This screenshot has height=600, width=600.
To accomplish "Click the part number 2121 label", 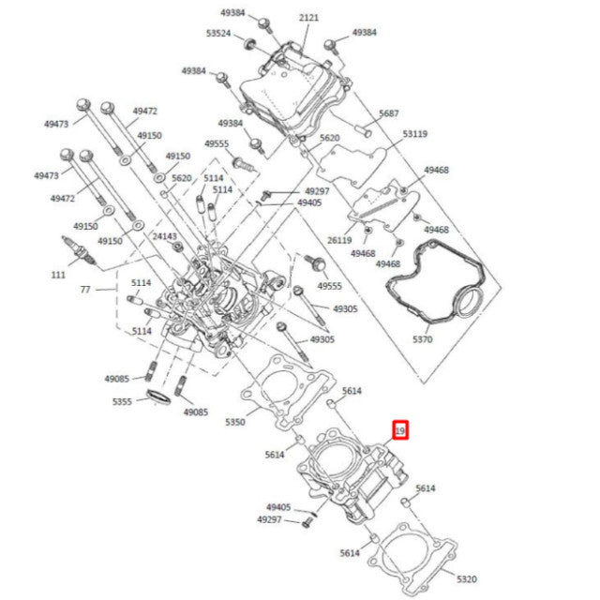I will tap(308, 19).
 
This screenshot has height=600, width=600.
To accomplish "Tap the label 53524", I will tap(218, 33).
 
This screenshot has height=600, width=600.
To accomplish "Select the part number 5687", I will tap(389, 113).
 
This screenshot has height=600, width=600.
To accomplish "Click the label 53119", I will tap(415, 134).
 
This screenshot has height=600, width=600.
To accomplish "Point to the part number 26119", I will tap(340, 239).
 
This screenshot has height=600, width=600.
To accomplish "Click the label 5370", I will tap(423, 339).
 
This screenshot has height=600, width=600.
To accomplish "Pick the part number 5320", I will tap(467, 578).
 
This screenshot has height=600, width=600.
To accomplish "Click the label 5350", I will tap(235, 423).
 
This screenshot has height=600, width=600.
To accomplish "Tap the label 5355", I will tap(123, 401).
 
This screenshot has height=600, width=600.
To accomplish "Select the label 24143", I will tap(165, 236).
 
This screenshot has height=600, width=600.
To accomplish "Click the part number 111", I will tap(59, 275).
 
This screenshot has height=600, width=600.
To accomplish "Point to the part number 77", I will tap(85, 291).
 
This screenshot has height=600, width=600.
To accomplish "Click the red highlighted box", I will tap(400, 431).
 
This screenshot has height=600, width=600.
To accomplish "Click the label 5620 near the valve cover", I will tap(329, 138).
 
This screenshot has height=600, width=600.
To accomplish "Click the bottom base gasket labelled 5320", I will tap(412, 562).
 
